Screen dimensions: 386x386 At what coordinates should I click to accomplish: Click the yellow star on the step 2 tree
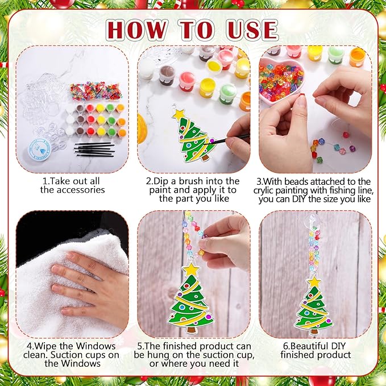(x=179, y=115)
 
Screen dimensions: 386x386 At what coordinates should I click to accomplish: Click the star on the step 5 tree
(x=191, y=268)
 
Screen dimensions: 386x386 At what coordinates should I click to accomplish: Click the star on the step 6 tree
(x=314, y=281)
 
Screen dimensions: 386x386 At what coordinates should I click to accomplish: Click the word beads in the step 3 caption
(x=302, y=181)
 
